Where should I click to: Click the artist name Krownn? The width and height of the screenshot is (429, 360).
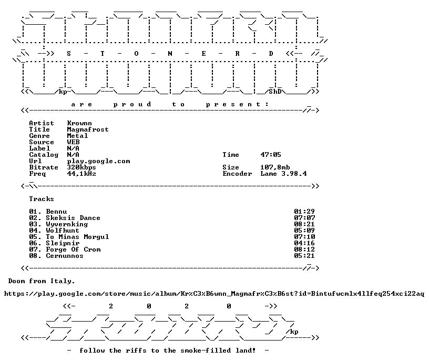pos(79,123)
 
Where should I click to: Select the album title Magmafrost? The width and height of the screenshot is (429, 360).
pos(88,129)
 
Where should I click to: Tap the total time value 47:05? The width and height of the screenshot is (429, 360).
pos(271,155)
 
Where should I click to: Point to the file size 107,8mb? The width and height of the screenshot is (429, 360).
pos(275,167)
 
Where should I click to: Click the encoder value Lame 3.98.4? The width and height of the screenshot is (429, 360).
pos(283,174)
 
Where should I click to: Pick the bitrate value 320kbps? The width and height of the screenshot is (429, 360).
pos(81,167)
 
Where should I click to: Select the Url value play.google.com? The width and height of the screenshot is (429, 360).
pos(98,162)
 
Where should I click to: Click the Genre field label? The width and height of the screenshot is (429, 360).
pos(39,136)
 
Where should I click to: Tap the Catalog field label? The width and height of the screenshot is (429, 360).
pos(44,155)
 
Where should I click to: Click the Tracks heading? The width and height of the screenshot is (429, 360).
pos(42,199)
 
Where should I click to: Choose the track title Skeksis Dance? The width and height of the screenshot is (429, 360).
pos(73,218)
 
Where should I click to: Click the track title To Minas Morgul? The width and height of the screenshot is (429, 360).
pos(77,237)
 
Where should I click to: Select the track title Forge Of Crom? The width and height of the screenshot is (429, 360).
pos(73,249)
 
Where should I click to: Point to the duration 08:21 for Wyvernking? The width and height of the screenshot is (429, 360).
pos(304,224)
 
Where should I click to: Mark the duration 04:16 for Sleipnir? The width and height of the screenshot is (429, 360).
pos(304,243)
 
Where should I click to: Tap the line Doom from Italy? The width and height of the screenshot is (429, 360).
pos(42,282)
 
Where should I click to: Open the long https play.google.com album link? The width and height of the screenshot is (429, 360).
pos(214,294)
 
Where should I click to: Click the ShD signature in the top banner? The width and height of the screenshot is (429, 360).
pos(275,92)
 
